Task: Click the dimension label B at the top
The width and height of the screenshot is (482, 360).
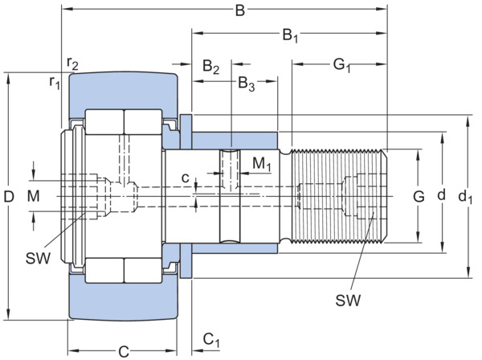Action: [x=240, y=10]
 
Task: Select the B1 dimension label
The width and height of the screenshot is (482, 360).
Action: [x=290, y=35]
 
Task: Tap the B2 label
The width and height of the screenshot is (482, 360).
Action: [x=210, y=67]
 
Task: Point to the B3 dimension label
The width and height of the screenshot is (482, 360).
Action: [x=247, y=84]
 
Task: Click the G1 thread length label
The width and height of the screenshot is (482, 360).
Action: [x=342, y=65]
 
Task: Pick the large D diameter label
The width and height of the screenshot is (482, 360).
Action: [x=9, y=196]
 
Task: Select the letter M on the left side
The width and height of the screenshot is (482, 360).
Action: [x=33, y=196]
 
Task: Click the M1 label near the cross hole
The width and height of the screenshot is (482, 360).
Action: [x=262, y=164]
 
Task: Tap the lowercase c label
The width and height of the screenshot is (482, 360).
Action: [x=185, y=178]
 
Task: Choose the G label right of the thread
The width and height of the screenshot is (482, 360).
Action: [x=419, y=196]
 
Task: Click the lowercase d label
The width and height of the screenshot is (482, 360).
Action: [x=441, y=194]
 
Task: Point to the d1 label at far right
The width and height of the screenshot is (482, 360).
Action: [x=465, y=197]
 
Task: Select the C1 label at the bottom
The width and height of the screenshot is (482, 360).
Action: [x=211, y=341]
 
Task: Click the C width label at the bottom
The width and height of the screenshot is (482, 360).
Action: [x=124, y=352]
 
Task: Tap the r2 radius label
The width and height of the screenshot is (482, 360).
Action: [x=72, y=63]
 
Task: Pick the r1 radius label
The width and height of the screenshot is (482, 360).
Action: [x=55, y=83]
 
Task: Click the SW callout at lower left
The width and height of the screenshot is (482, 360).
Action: [x=38, y=258]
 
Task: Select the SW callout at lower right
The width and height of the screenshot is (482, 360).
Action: [x=348, y=300]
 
